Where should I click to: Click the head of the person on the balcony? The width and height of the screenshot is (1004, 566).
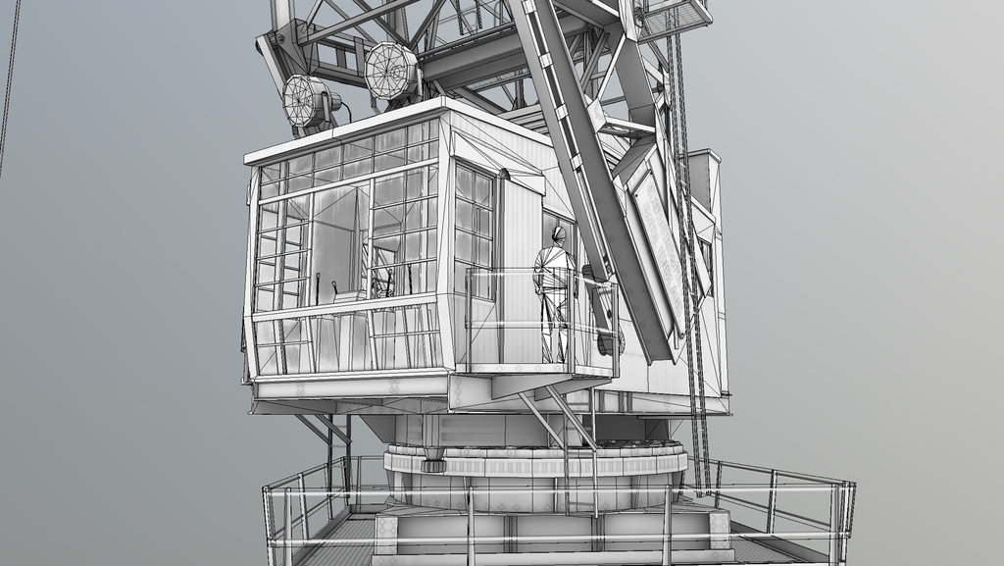coord(558,235)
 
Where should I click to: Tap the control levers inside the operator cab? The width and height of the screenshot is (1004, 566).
coord(382,284)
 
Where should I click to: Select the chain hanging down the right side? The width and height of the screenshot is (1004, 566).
coord(691,294)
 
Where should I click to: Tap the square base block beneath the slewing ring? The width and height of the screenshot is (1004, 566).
coord(549,530)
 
